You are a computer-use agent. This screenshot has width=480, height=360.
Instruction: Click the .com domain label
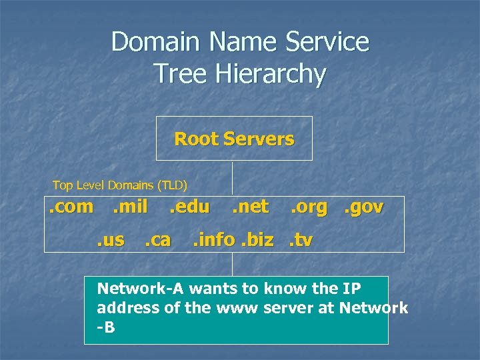coord(71,207)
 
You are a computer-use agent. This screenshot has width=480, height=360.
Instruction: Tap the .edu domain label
coord(189,207)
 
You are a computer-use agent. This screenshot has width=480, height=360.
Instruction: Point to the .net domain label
coord(250,207)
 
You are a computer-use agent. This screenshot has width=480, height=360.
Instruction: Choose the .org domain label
coord(309,207)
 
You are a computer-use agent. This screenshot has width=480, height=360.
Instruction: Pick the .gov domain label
coord(363,207)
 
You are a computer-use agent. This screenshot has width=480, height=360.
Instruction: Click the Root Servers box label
coord(234,139)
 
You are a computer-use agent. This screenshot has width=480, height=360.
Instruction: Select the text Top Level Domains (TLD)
coord(120,185)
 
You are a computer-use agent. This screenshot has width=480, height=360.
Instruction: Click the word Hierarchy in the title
coord(240,73)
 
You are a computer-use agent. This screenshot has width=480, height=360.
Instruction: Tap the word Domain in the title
coord(156,41)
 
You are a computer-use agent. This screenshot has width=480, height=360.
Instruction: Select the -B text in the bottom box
coord(106,327)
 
